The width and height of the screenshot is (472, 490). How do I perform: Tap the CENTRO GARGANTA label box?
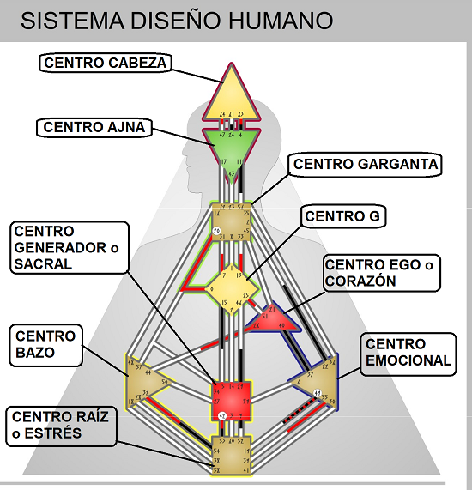tap(366, 164)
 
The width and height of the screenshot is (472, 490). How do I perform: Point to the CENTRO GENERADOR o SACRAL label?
tap(66, 248)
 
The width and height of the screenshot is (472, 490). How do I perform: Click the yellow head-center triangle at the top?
tap(232, 96)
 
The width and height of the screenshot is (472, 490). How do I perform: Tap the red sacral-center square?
tap(232, 400)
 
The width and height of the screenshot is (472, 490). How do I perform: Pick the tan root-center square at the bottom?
tap(232, 455)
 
